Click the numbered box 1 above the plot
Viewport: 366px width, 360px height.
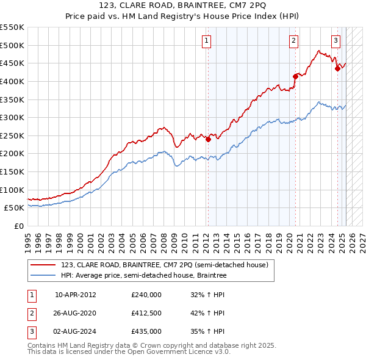coord(207,41)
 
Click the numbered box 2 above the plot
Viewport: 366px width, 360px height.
coord(293,41)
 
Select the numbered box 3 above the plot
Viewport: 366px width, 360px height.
coord(335,41)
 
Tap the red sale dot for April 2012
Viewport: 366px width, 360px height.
coord(208,139)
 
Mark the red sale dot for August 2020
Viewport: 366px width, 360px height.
coord(295,76)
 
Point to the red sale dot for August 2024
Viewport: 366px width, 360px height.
coord(337,68)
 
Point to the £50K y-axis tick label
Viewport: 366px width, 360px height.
coord(14,208)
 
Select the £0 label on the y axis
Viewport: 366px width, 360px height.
coord(18,226)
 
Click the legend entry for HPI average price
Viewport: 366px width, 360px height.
coord(143,276)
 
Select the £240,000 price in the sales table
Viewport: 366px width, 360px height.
coord(146,295)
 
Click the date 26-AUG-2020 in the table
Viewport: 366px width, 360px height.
coord(76,313)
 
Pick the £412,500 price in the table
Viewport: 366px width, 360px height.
coord(146,313)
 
